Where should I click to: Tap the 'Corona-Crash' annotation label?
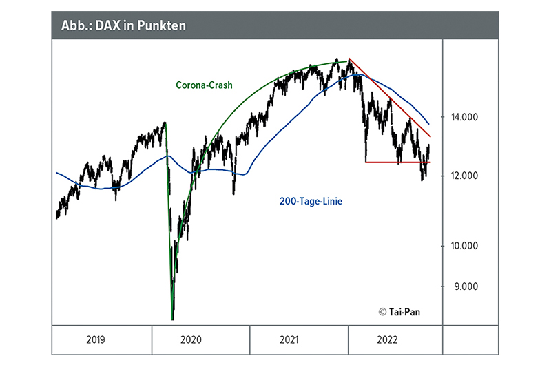click(x=204, y=85)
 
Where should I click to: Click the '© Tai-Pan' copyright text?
click(x=399, y=311)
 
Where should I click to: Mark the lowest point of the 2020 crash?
click(x=171, y=319)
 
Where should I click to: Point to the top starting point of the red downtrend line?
click(x=349, y=59)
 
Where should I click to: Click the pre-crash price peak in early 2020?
click(x=165, y=123)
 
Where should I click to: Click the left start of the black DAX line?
click(x=56, y=216)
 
